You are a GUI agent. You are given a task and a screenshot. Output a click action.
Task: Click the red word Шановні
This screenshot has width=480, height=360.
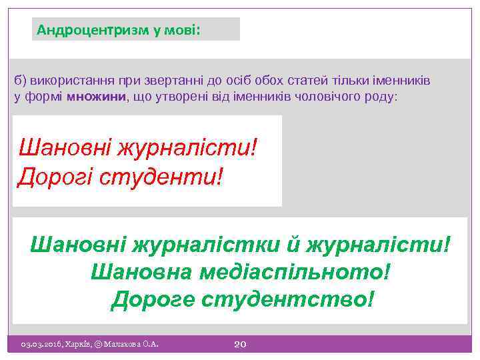tap(63, 146)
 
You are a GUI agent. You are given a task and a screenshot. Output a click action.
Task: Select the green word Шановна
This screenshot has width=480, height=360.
tap(136, 272)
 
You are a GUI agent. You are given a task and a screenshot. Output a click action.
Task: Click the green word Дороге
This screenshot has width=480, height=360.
tap(151, 299)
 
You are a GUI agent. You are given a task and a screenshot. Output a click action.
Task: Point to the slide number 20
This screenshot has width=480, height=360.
tap(241, 344)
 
